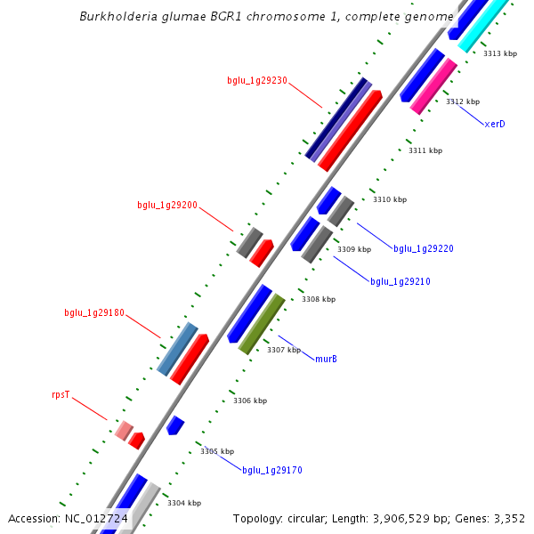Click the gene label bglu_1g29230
click(x=256, y=80)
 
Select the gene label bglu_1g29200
click(x=167, y=205)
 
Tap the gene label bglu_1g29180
click(x=94, y=313)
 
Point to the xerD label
click(x=495, y=124)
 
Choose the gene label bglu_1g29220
click(x=424, y=248)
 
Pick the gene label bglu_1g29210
click(x=400, y=281)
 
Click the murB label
click(x=327, y=359)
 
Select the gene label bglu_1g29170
click(x=272, y=470)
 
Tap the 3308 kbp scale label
click(x=319, y=300)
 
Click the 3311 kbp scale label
click(x=425, y=151)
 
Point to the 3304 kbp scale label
click(x=184, y=503)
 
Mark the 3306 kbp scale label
click(x=250, y=401)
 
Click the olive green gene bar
click(x=262, y=324)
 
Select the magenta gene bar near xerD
click(x=433, y=86)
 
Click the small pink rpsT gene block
click(x=124, y=431)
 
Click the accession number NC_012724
click(x=96, y=518)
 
